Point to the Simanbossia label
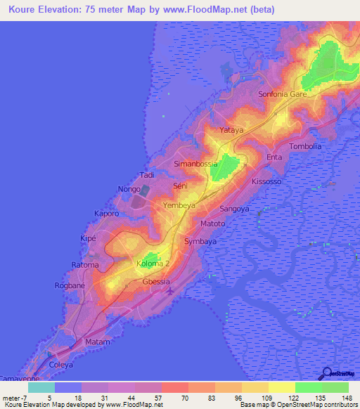[x=195, y=164]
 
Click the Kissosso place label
[x=266, y=181]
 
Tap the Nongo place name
[x=129, y=189]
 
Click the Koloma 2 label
[x=153, y=263]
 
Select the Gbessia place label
[x=157, y=281]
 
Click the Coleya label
[x=61, y=364]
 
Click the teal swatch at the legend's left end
[x=41, y=387]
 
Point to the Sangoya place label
[x=235, y=209]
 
